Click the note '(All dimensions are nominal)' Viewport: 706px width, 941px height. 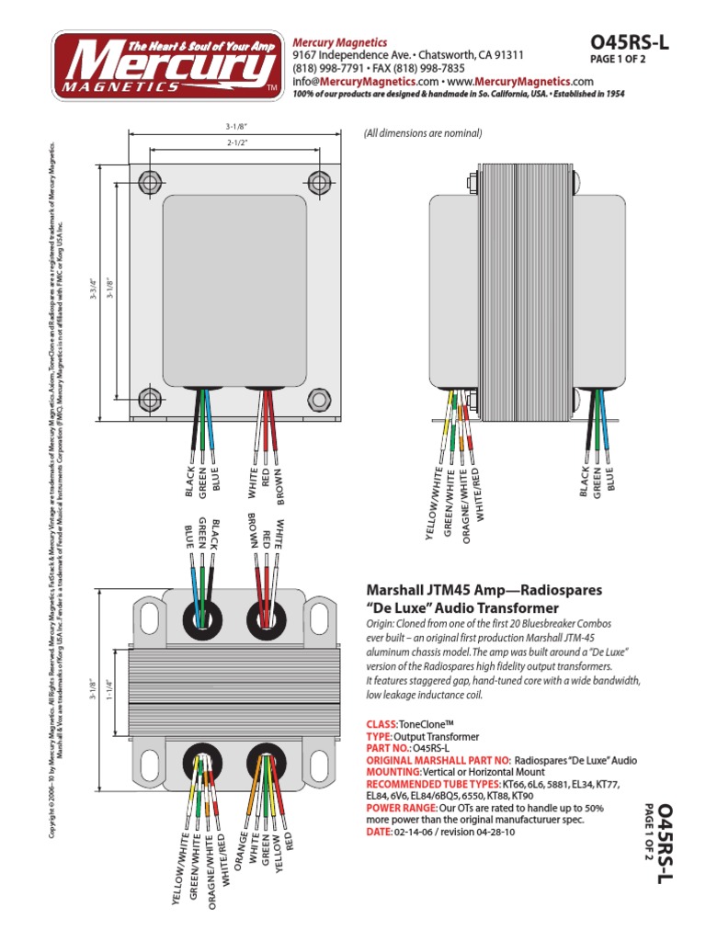pos(423,133)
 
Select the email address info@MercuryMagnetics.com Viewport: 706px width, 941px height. pos(363,82)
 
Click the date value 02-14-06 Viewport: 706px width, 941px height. pos(416,832)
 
